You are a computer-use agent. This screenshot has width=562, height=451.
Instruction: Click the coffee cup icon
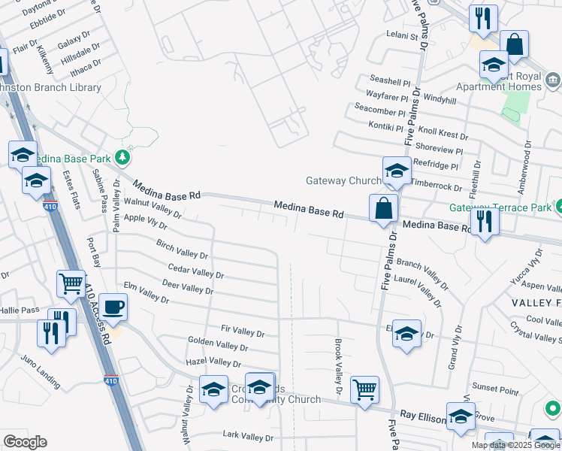click(x=114, y=307)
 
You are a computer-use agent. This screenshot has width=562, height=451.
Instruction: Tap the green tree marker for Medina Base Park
click(x=123, y=158)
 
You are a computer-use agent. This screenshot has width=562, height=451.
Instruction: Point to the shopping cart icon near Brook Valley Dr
click(x=364, y=389)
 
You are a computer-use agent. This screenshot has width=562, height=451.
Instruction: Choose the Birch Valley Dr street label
click(x=182, y=250)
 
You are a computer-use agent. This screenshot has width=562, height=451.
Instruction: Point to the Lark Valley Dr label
click(x=249, y=437)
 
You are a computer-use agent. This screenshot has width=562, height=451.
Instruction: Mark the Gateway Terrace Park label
click(x=500, y=207)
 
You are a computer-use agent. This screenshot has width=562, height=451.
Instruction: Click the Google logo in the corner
click(x=25, y=442)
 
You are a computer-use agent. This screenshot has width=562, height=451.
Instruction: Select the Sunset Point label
click(x=495, y=391)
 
